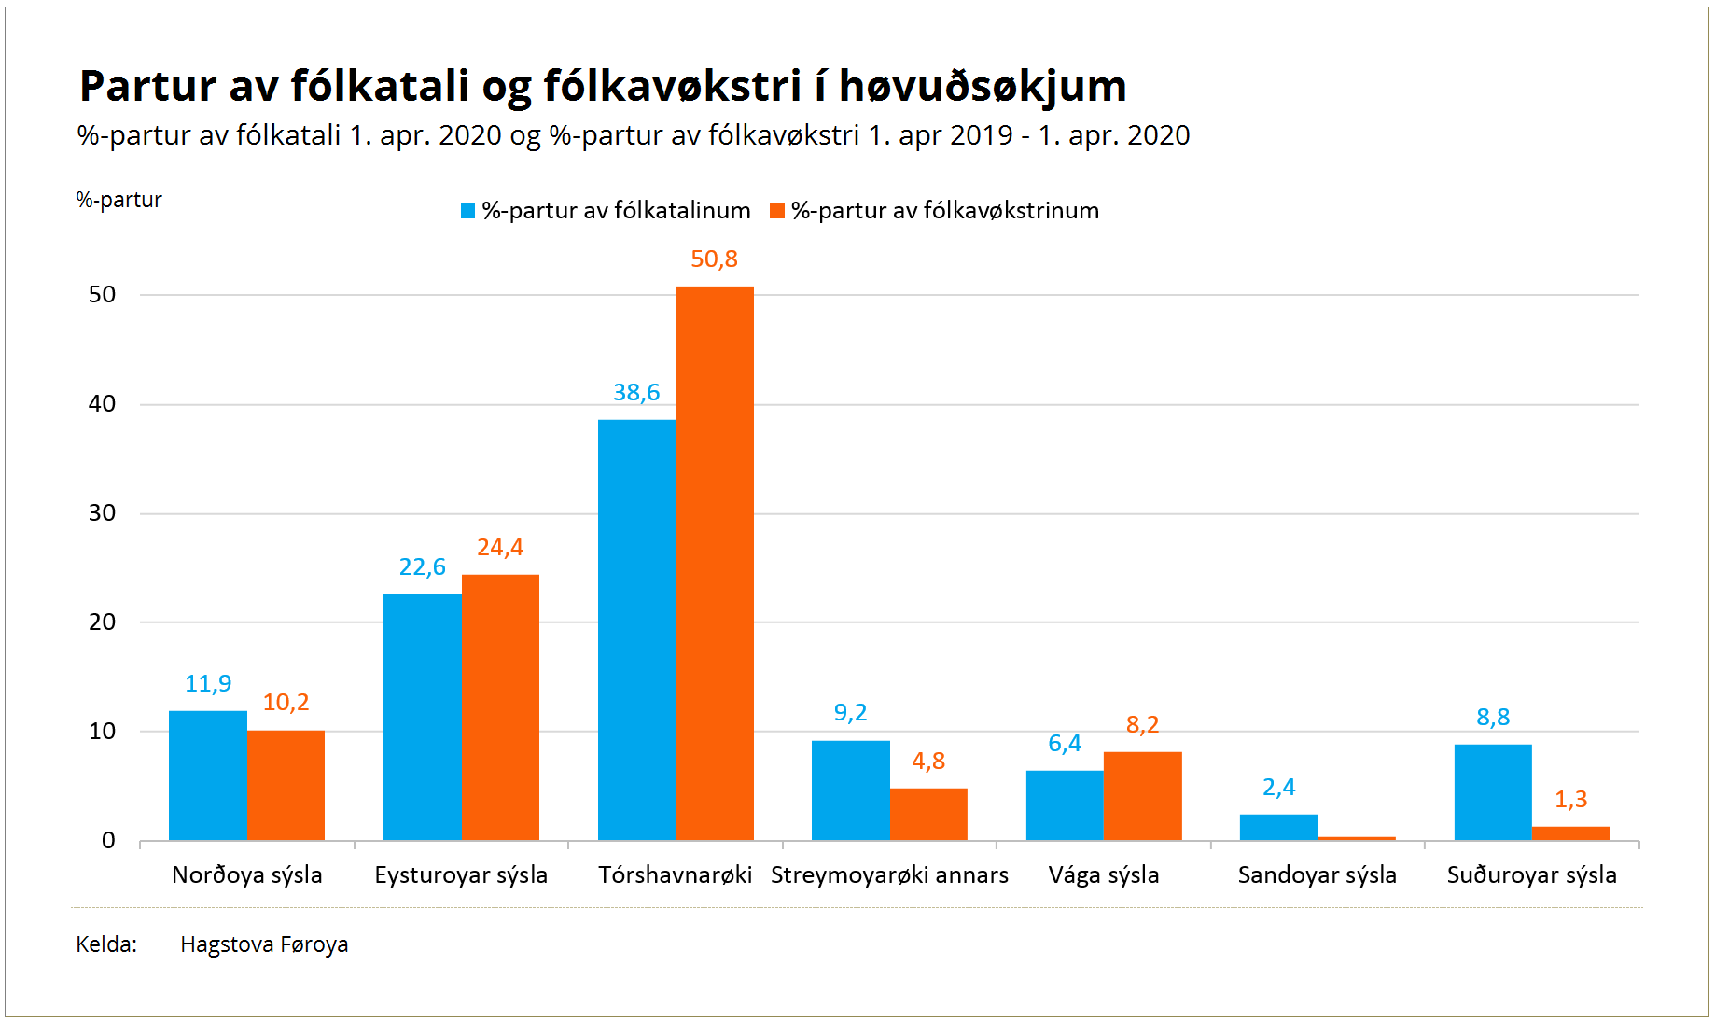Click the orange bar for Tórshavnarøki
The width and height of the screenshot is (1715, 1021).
pyautogui.click(x=715, y=563)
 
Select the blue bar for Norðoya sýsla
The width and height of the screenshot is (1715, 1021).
pyautogui.click(x=208, y=776)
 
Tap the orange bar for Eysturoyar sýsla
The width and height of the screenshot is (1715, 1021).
pyautogui.click(x=500, y=707)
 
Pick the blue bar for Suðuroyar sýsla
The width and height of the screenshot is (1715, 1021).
pyautogui.click(x=1493, y=792)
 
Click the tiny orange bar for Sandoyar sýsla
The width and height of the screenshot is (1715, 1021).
pyautogui.click(x=1357, y=838)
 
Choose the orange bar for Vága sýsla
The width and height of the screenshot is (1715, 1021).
pyautogui.click(x=1143, y=796)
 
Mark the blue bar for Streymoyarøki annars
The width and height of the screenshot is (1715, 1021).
pyautogui.click(x=851, y=790)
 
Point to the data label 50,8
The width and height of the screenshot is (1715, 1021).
pyautogui.click(x=714, y=259)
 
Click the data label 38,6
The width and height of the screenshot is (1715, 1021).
pyautogui.click(x=636, y=392)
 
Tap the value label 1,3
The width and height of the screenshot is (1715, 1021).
pyautogui.click(x=1570, y=799)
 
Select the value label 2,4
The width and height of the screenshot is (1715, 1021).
pyautogui.click(x=1278, y=787)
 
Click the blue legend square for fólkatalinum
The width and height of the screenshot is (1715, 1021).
pyautogui.click(x=468, y=211)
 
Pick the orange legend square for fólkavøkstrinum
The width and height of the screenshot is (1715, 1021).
pyautogui.click(x=777, y=211)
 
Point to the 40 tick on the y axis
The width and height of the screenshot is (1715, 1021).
pyautogui.click(x=102, y=403)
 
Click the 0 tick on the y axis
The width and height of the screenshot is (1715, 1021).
pyautogui.click(x=108, y=840)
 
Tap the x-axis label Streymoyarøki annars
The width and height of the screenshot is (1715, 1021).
pyautogui.click(x=889, y=874)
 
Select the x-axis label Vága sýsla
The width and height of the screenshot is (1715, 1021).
pyautogui.click(x=1104, y=874)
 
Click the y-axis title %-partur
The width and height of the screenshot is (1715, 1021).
pyautogui.click(x=119, y=200)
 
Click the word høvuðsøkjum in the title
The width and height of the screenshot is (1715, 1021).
pyautogui.click(x=983, y=86)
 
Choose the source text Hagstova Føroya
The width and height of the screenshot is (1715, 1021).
pyautogui.click(x=264, y=944)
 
